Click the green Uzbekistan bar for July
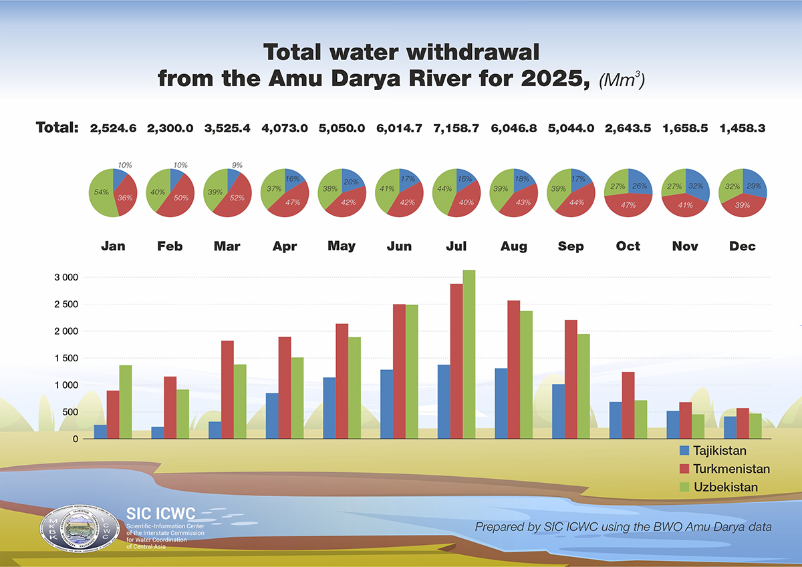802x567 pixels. tap(469, 354)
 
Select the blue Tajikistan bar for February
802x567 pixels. tap(157, 433)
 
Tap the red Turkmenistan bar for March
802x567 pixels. tap(227, 390)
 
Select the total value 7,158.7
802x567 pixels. tap(456, 129)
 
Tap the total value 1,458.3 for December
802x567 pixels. tap(743, 129)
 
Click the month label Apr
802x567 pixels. tap(284, 246)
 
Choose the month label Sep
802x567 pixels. tap(570, 246)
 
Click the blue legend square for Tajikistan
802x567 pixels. tap(684, 451)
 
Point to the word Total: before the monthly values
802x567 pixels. tap(57, 128)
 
